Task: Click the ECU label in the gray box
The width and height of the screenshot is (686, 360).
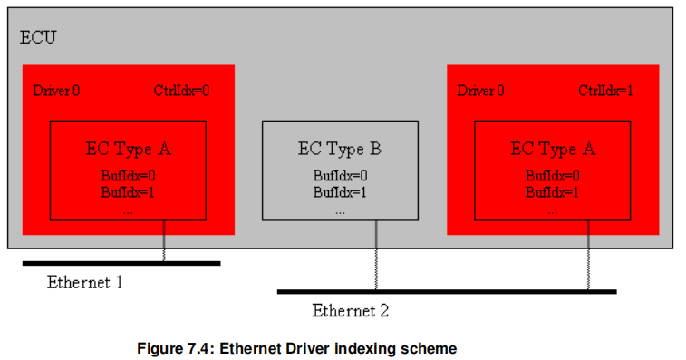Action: pyautogui.click(x=37, y=38)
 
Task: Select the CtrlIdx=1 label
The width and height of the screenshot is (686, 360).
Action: pyautogui.click(x=606, y=91)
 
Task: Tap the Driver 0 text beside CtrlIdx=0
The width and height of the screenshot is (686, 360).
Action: pyautogui.click(x=56, y=91)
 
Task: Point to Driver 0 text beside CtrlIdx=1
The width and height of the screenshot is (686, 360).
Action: pyautogui.click(x=480, y=91)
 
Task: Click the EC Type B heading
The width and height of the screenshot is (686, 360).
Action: pyautogui.click(x=340, y=149)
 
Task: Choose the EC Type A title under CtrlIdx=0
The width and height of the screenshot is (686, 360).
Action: pyautogui.click(x=128, y=149)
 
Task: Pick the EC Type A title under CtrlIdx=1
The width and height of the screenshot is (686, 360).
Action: pyautogui.click(x=552, y=149)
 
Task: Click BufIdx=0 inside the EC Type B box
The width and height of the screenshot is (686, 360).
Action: pyautogui.click(x=340, y=176)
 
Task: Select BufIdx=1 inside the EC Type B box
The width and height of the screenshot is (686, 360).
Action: pyautogui.click(x=340, y=191)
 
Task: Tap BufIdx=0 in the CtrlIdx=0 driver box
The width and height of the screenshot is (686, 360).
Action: pyautogui.click(x=128, y=176)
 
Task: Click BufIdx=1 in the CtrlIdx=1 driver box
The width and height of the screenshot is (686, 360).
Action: pyautogui.click(x=552, y=191)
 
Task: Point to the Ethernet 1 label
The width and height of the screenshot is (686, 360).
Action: pyautogui.click(x=84, y=282)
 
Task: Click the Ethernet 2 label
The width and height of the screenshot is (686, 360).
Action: pyautogui.click(x=350, y=311)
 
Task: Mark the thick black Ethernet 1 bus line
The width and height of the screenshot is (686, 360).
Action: pyautogui.click(x=121, y=263)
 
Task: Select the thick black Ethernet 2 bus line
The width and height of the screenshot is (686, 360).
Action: pyautogui.click(x=446, y=291)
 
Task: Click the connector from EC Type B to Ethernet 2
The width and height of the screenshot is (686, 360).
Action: pyautogui.click(x=375, y=256)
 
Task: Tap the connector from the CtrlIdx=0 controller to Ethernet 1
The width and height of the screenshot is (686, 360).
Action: pyautogui.click(x=164, y=241)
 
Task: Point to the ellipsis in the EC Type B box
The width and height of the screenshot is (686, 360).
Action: pyautogui.click(x=340, y=209)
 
